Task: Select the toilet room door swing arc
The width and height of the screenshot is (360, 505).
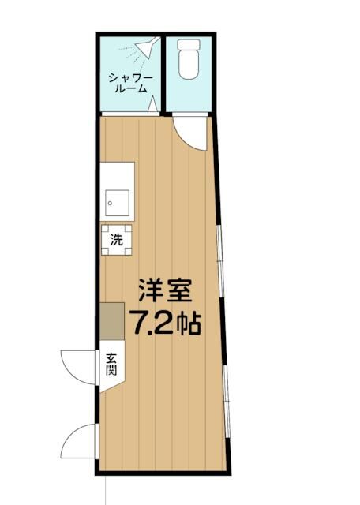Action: click(x=189, y=131)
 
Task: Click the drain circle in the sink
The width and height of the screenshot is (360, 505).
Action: click(x=111, y=202)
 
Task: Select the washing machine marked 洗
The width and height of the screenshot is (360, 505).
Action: click(x=117, y=240)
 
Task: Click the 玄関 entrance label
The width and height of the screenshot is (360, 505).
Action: click(x=110, y=365)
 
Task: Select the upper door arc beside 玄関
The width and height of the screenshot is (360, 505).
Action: click(x=77, y=365)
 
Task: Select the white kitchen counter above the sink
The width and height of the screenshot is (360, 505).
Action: click(x=117, y=175)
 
